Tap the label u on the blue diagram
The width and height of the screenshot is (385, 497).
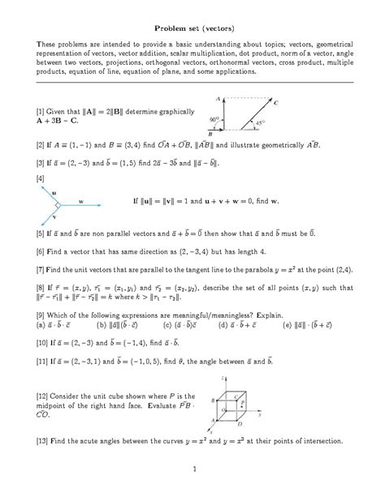click(x=54, y=193)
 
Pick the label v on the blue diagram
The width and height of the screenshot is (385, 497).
click(x=54, y=216)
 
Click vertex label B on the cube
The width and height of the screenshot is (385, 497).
click(x=214, y=401)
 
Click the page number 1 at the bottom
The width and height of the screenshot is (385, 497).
click(x=192, y=469)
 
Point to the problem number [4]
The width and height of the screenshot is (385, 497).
click(x=39, y=177)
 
